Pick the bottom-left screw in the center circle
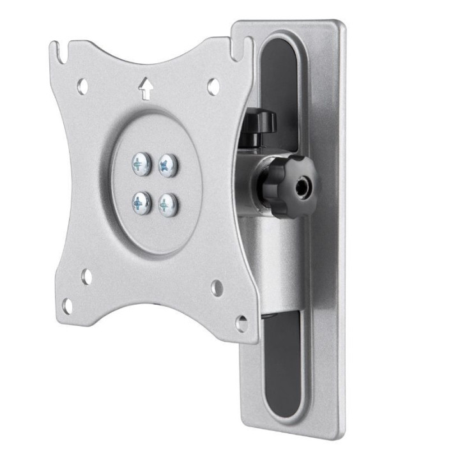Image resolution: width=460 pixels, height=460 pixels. click(x=141, y=203)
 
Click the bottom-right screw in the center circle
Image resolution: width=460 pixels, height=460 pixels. click(x=167, y=204)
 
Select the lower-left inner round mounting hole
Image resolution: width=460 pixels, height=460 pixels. click(x=86, y=277)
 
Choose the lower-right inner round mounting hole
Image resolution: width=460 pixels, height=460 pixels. click(x=217, y=288)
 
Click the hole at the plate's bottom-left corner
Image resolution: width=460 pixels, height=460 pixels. click(x=66, y=305)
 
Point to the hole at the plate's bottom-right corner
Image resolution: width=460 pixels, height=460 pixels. click(x=242, y=323)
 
